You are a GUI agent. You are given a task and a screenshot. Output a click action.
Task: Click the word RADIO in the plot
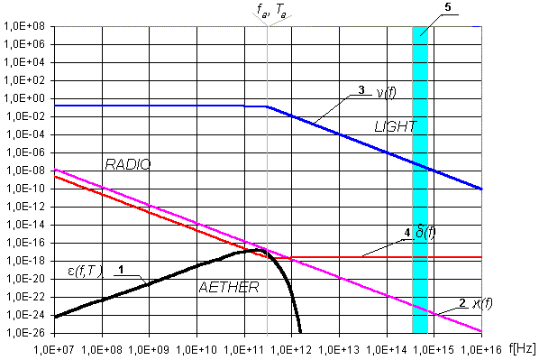(128, 164)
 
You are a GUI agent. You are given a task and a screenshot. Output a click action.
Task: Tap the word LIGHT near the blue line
(396, 127)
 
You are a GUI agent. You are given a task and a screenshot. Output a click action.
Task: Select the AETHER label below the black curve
(229, 287)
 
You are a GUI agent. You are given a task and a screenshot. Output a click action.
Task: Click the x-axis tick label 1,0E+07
(54, 350)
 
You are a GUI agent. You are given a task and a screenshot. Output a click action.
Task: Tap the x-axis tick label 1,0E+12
(291, 350)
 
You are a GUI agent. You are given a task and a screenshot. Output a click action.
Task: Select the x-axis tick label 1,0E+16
(481, 350)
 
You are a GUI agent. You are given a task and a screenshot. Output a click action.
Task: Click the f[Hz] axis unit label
(522, 348)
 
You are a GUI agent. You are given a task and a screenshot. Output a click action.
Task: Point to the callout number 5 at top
(448, 7)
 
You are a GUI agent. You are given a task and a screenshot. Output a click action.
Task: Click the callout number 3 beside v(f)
(361, 90)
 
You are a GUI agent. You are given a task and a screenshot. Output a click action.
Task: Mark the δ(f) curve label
(425, 233)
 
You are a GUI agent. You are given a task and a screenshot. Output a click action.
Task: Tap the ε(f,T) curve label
(86, 272)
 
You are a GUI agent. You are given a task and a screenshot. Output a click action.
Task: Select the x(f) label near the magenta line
(482, 303)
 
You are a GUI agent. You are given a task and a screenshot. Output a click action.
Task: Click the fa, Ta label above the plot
(271, 10)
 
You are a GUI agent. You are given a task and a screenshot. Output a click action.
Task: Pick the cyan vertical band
(420, 180)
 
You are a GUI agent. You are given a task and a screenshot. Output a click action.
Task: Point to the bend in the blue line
(267, 106)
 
